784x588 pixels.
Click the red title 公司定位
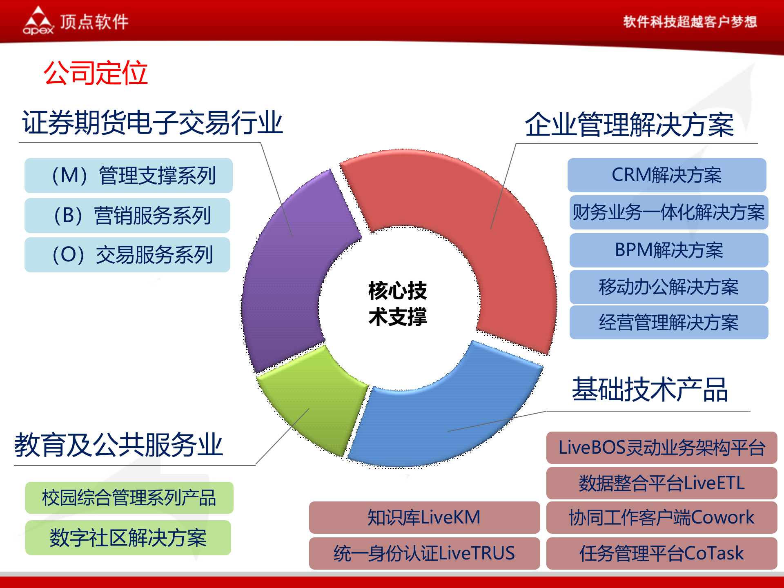[96, 73]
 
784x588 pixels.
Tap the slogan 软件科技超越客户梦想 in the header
[690, 22]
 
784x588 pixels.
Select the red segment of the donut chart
[490, 229]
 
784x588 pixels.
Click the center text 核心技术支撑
[397, 303]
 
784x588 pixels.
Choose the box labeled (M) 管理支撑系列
[128, 176]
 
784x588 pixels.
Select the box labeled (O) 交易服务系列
[127, 255]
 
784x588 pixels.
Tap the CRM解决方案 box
[666, 175]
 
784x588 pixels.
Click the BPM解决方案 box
[668, 250]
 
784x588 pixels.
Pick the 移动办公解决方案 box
[668, 287]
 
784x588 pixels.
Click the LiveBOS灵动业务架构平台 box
[661, 448]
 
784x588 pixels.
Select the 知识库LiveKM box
[424, 517]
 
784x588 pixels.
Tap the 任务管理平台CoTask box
[661, 553]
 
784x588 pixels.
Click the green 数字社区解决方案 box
[128, 538]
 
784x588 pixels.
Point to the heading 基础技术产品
[649, 390]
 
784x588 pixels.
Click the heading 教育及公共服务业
[118, 445]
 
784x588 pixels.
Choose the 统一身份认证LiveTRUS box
[424, 553]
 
